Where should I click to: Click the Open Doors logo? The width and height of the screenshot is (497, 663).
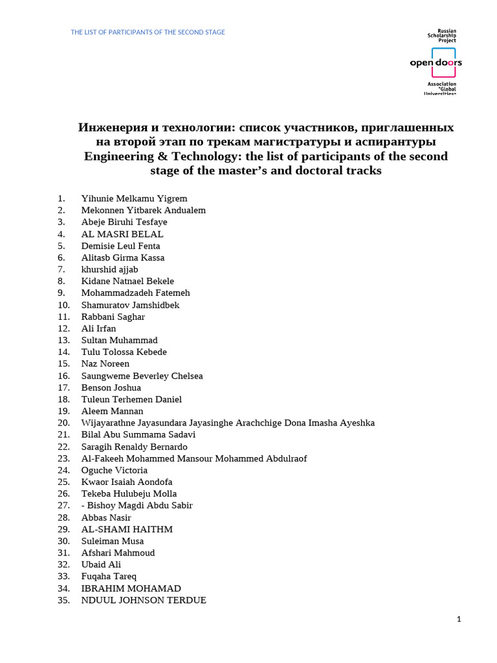pos(436,63)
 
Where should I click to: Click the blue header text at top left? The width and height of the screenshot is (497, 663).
pos(148,32)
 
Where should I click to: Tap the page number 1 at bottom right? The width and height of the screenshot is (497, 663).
pos(459,620)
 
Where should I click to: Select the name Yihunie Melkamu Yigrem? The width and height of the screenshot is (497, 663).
pos(134,199)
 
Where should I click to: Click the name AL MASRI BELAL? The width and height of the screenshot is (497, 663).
pos(122,234)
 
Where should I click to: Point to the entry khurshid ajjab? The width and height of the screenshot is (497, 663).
pos(109,269)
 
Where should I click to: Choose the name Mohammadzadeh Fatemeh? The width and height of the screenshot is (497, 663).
pos(135,293)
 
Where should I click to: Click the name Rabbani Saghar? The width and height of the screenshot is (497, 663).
pos(113,317)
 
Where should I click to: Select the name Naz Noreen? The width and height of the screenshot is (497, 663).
pos(105,364)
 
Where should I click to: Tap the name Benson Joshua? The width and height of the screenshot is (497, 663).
pos(111,388)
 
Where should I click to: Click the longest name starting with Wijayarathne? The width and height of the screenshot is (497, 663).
pos(228,423)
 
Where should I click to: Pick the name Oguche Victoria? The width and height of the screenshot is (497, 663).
pos(114,470)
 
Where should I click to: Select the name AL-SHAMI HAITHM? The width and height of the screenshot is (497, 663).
pos(127,529)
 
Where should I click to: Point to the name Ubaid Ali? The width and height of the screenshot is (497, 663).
pos(101,565)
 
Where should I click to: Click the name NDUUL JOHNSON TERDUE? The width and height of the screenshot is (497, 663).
pos(144,600)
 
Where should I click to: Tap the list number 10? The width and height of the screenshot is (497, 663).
pos(63,305)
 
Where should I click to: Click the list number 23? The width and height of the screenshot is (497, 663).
pos(63,458)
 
